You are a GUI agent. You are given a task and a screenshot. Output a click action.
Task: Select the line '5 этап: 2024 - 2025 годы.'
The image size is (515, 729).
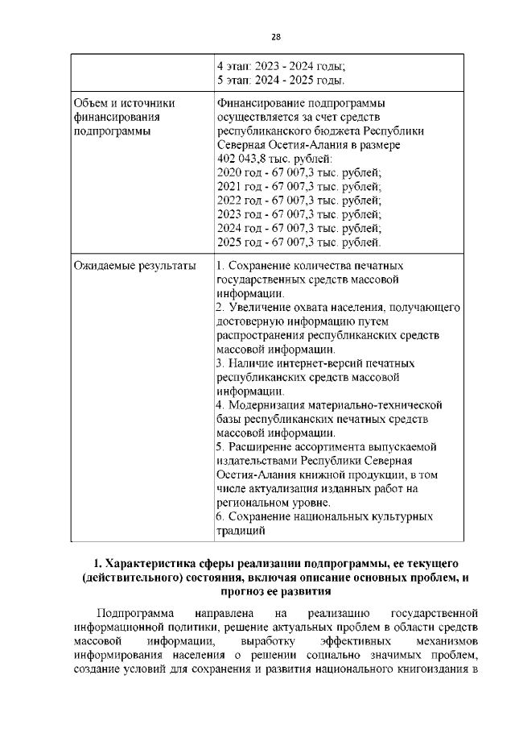(x=282, y=81)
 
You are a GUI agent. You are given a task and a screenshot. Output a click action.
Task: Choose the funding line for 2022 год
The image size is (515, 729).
(x=299, y=201)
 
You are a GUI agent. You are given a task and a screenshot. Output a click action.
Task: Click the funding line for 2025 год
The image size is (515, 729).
(x=299, y=242)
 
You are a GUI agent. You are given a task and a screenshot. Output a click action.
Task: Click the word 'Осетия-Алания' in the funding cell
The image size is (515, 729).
(x=258, y=145)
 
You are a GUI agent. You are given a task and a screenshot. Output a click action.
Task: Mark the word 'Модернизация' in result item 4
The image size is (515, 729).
(x=267, y=405)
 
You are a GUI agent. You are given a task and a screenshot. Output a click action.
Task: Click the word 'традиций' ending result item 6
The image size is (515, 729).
(x=241, y=531)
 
